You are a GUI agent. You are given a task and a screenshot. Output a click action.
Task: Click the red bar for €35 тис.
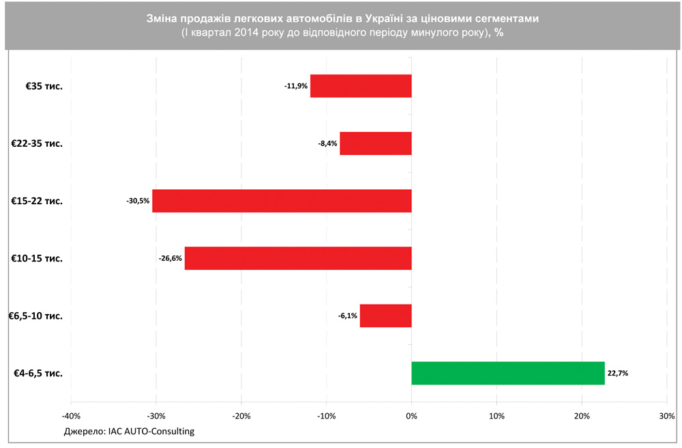(x=361, y=86)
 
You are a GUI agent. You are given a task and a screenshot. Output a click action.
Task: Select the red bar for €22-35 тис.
(x=376, y=143)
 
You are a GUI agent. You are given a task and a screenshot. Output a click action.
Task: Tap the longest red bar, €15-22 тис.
(x=282, y=201)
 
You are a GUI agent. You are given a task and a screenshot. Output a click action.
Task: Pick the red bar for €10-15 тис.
(x=298, y=258)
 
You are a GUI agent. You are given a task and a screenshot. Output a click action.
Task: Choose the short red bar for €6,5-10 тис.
(x=385, y=316)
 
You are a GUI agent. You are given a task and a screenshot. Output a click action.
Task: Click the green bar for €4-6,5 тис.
(x=508, y=374)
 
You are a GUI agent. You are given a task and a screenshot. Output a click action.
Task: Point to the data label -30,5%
(x=138, y=201)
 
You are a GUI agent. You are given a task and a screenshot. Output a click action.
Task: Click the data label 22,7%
(x=618, y=374)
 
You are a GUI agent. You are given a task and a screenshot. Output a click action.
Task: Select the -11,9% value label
(x=296, y=86)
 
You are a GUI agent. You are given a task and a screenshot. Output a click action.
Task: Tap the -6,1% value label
(x=347, y=316)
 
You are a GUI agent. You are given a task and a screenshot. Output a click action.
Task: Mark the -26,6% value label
(x=170, y=258)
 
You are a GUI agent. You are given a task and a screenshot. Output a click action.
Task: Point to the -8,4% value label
(x=327, y=143)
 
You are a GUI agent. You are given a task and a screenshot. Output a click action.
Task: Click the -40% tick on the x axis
(x=71, y=415)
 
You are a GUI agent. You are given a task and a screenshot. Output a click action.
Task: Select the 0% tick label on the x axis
(x=411, y=415)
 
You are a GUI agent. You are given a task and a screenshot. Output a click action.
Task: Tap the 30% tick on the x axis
(x=667, y=415)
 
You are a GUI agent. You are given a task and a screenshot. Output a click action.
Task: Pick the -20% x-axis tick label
(x=241, y=415)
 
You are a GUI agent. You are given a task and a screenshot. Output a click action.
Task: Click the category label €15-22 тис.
(x=37, y=201)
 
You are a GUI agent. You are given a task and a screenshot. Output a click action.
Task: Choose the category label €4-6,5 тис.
(x=38, y=374)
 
